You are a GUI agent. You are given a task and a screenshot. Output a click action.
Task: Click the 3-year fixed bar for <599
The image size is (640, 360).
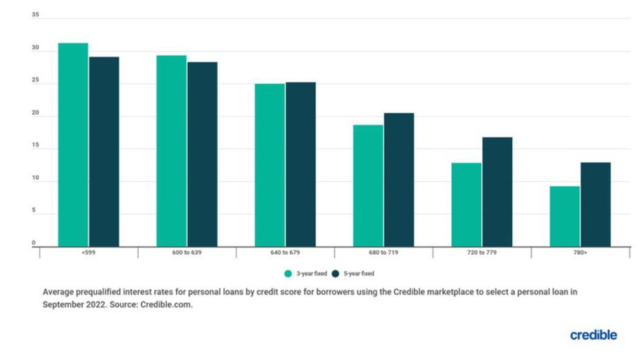pyautogui.click(x=73, y=144)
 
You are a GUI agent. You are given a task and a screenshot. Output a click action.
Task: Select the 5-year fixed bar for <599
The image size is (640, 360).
pyautogui.click(x=104, y=151)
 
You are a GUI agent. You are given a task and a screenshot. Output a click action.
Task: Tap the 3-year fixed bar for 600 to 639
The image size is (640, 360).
pyautogui.click(x=171, y=150)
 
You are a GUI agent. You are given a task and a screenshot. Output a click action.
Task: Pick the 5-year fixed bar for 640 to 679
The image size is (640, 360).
pyautogui.click(x=301, y=164)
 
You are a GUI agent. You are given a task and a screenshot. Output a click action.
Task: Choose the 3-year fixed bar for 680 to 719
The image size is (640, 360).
pyautogui.click(x=368, y=185)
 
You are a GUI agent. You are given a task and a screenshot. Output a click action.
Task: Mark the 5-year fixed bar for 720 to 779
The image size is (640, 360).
pyautogui.click(x=497, y=192)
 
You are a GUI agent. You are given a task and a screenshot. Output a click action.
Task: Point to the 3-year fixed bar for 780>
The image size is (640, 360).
pyautogui.click(x=564, y=216)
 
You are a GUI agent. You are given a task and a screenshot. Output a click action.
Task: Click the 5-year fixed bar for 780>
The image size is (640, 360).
pyautogui.click(x=595, y=204)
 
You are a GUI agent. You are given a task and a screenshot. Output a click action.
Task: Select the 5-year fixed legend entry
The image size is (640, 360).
pyautogui.click(x=357, y=273)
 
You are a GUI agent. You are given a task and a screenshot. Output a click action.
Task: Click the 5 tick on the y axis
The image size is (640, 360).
pyautogui.click(x=33, y=211)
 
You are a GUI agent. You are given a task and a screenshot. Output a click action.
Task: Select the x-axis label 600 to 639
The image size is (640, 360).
pyautogui.click(x=187, y=254)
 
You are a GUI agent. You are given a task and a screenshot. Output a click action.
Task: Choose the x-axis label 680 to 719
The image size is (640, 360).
pyautogui.click(x=383, y=254)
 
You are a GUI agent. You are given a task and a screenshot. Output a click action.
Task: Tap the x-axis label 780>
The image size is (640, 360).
pyautogui.click(x=580, y=254)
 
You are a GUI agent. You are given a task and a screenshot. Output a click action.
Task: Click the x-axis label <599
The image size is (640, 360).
pyautogui.click(x=89, y=254)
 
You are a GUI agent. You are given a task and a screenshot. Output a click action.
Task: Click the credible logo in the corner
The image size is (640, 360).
pyautogui.click(x=593, y=335)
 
